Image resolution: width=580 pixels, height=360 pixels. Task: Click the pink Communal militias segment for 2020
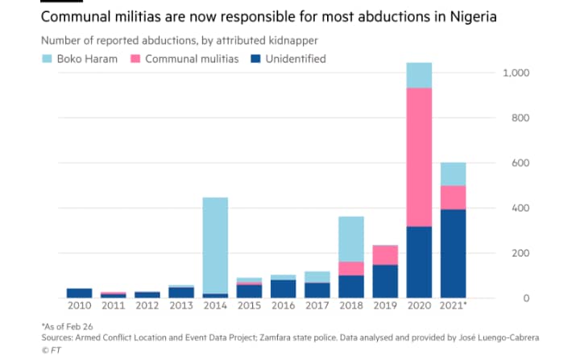(x=420, y=157)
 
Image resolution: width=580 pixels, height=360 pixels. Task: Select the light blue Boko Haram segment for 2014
(x=215, y=245)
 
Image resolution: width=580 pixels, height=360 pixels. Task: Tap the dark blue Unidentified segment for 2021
(x=454, y=254)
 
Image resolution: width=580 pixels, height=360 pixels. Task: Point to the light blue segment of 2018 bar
(x=351, y=238)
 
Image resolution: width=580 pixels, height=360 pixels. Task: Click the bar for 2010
(x=79, y=293)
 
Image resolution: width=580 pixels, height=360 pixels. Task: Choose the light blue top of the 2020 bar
(x=420, y=75)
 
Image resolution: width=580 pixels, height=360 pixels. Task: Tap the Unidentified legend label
(x=296, y=59)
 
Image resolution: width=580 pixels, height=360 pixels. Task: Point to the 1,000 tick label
(x=515, y=73)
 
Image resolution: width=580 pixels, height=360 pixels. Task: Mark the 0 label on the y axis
(x=524, y=298)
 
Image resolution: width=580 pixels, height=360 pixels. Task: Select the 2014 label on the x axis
(x=215, y=307)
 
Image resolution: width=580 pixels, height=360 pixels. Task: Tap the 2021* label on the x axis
(x=454, y=307)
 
